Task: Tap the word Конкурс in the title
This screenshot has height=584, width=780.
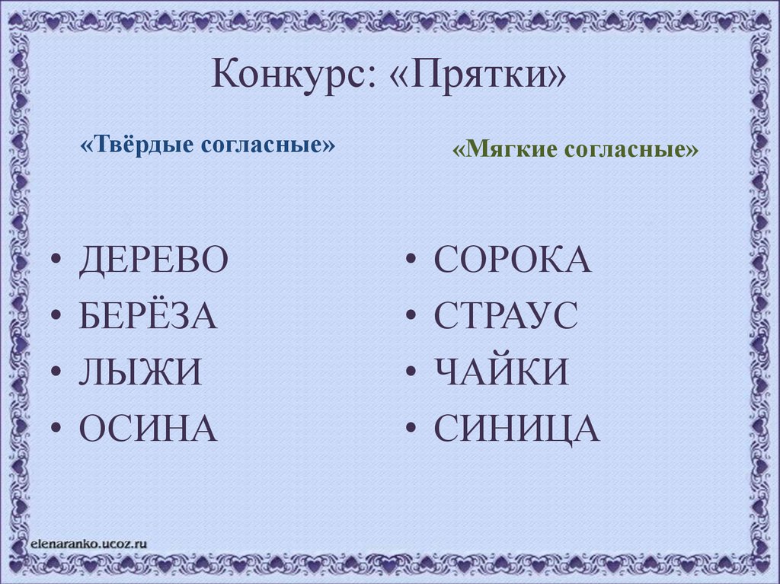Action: (291, 75)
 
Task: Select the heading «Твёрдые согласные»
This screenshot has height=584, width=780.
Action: (207, 144)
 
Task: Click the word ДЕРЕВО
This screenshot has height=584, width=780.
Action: (153, 261)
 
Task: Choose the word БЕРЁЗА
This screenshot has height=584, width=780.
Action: (148, 317)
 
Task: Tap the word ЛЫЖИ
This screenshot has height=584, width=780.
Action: (140, 373)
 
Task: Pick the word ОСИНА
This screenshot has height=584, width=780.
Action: (148, 429)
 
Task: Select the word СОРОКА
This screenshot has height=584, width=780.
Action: (512, 261)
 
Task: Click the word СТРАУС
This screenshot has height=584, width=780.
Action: (506, 317)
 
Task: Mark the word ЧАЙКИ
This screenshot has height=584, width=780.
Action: (501, 373)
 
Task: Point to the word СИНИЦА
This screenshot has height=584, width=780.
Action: (516, 429)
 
